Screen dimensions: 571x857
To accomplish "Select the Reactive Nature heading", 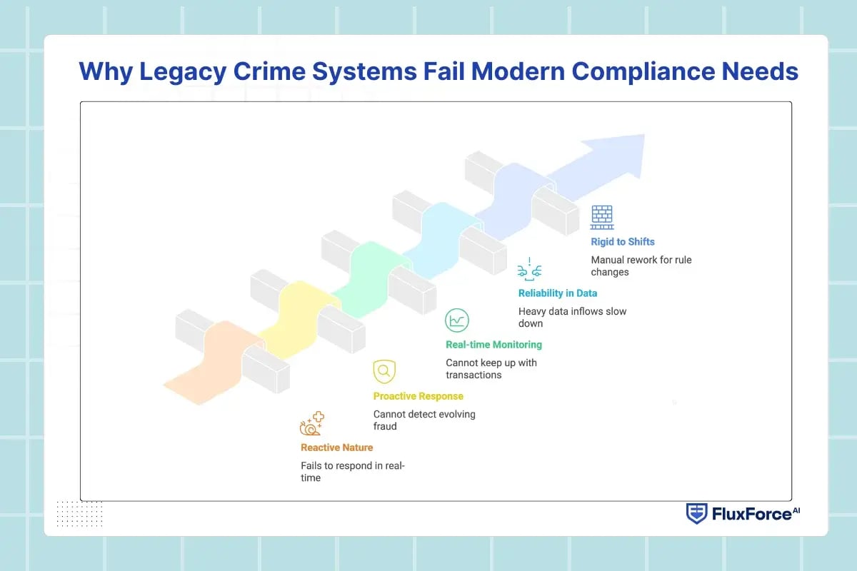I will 336,448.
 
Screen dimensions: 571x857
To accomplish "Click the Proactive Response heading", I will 418,396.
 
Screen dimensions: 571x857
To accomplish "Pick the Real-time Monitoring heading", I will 493,345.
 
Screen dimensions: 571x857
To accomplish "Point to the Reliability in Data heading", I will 558,293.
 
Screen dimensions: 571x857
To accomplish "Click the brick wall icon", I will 602,217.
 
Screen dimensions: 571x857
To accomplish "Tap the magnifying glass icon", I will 384,371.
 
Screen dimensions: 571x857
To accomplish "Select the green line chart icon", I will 457,320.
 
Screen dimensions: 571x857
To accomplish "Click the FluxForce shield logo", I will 696,513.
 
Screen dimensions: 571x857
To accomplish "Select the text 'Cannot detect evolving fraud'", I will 424,420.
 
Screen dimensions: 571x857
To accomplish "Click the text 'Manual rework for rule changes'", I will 641,266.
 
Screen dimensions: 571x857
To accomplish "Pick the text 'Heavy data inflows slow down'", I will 572,318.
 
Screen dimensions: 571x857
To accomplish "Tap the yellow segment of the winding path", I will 296,314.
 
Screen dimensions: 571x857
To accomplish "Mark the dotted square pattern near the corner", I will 79,513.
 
